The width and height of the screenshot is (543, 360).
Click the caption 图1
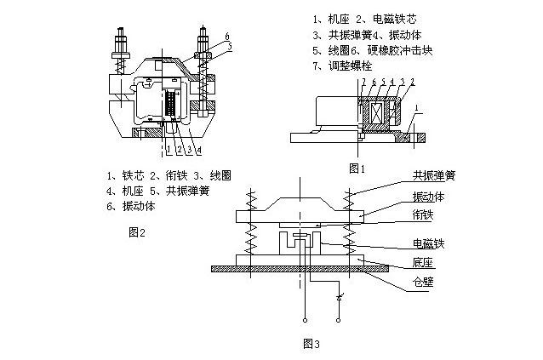pos(357,169)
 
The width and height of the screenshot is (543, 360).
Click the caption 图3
pos(312,344)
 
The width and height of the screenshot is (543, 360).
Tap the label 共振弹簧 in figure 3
pos(434,176)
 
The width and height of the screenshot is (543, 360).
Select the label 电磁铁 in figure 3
pos(429,243)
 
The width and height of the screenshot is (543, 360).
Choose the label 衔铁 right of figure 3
pos(423,214)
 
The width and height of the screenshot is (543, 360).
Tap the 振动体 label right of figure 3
pos(429,195)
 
